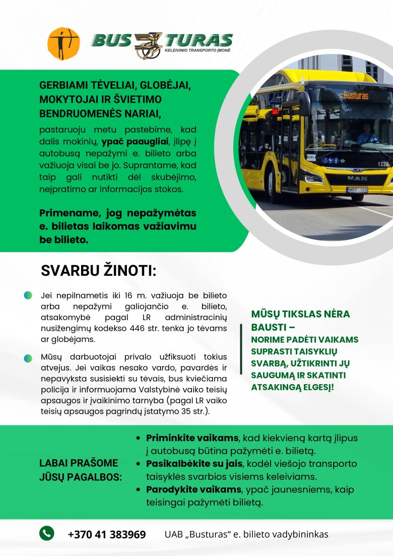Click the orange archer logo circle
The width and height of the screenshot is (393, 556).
pyautogui.click(x=63, y=44)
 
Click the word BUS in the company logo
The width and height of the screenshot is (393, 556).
pyautogui.click(x=112, y=40)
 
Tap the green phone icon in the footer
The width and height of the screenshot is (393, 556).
pyautogui.click(x=47, y=533)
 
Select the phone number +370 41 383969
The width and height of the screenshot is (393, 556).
pyautogui.click(x=107, y=534)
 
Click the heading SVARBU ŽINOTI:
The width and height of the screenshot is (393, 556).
pyautogui.click(x=98, y=271)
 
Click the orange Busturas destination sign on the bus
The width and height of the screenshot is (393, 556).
pyautogui.click(x=356, y=95)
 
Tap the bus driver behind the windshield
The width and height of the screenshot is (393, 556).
pyautogui.click(x=367, y=134)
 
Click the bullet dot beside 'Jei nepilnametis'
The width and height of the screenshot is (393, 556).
pyautogui.click(x=28, y=295)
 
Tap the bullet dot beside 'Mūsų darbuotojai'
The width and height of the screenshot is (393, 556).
pyautogui.click(x=28, y=358)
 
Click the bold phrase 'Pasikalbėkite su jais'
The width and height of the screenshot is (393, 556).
pyautogui.click(x=194, y=464)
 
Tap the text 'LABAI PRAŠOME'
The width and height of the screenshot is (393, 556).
pyautogui.click(x=78, y=463)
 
